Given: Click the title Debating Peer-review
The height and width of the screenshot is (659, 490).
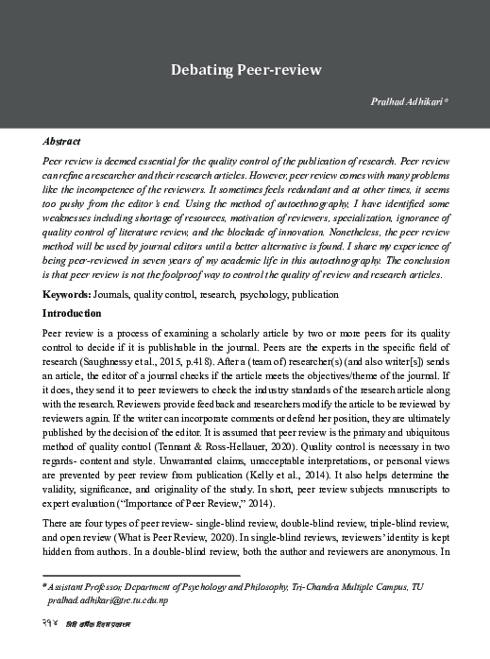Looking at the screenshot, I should point(245,70).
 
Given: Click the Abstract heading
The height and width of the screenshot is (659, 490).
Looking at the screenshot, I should point(61,140).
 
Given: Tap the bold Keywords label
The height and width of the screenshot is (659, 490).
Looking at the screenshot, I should point(66,295).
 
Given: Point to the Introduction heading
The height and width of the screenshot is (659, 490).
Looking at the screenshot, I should point(72,312).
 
